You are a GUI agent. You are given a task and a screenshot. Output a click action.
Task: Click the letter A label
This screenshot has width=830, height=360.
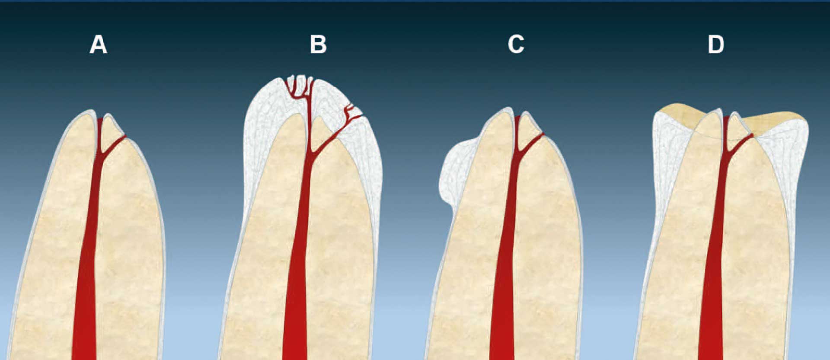pyautogui.click(x=98, y=45)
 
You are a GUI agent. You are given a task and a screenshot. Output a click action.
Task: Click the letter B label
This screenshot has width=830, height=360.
pyautogui.click(x=318, y=45)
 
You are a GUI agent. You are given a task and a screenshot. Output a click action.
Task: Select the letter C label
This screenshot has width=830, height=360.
pyautogui.click(x=516, y=45)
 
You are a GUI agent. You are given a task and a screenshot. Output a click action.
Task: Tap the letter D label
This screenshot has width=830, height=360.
pyautogui.click(x=716, y=45)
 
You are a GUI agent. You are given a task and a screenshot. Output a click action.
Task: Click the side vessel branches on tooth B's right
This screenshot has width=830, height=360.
pyautogui.click(x=352, y=114)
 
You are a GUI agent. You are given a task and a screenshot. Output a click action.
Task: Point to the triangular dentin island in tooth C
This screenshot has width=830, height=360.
pyautogui.click(x=528, y=128)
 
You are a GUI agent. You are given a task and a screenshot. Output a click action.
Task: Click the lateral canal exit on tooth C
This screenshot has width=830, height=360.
pyautogui.click(x=543, y=134)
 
